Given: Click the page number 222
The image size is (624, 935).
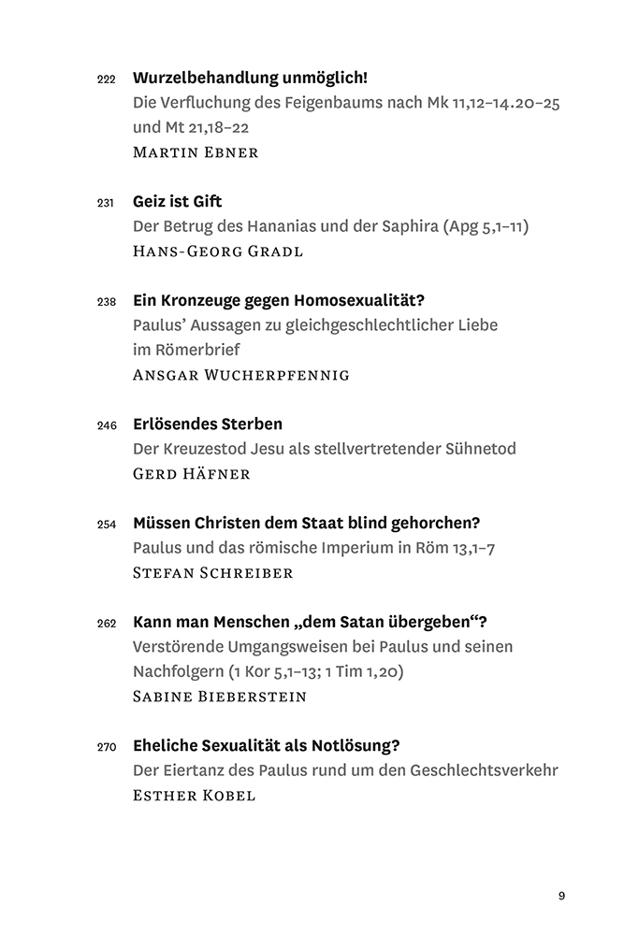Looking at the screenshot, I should [x=106, y=79].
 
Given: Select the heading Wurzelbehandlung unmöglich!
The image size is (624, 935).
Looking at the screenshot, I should [x=250, y=78].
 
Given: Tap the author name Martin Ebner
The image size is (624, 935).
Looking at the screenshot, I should [x=195, y=152].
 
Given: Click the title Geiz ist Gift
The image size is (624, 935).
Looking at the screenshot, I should [x=177, y=201].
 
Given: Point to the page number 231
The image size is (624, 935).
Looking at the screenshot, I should [x=106, y=202].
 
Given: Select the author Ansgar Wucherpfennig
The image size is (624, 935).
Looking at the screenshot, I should [x=241, y=375].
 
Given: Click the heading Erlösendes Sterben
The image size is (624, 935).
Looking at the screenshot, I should [x=208, y=424].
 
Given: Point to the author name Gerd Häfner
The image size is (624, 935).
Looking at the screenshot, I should [x=193, y=473].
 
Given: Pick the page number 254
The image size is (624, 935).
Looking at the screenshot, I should [x=106, y=524].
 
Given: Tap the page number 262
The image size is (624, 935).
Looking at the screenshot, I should [x=106, y=623].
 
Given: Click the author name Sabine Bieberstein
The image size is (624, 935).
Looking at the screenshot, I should [x=220, y=696].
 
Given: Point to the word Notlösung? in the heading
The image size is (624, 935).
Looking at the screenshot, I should [x=354, y=745].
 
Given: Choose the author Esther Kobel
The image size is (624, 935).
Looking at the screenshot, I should [x=194, y=795].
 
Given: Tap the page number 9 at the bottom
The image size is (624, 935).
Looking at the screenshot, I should [x=561, y=896].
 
